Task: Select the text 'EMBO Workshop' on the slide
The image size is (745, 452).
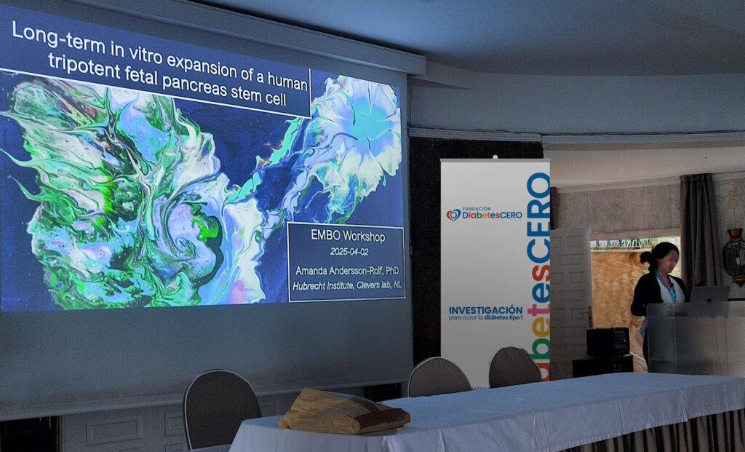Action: [x=348, y=235]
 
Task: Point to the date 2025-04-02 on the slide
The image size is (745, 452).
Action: [x=349, y=251]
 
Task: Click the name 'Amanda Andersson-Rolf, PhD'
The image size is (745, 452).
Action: [x=347, y=271]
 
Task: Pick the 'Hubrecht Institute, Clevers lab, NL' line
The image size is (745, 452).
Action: [x=347, y=286]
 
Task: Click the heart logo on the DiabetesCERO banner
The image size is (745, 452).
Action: [x=453, y=215]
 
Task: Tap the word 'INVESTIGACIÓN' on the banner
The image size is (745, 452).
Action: [x=485, y=310]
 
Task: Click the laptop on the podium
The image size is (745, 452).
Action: [x=709, y=294]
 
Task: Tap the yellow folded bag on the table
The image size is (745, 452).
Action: [x=343, y=411]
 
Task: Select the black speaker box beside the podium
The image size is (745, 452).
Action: [x=607, y=342]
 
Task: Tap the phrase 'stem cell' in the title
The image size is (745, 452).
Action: [x=263, y=95]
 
